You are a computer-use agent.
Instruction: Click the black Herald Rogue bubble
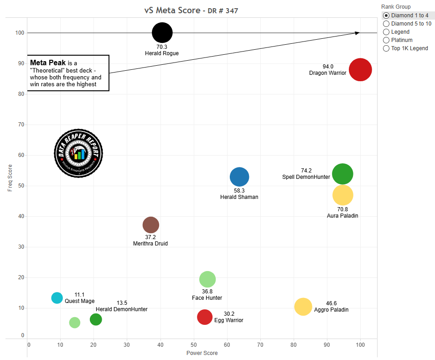162,33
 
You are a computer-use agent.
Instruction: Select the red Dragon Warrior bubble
360,70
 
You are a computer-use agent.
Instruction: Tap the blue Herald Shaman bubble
239,177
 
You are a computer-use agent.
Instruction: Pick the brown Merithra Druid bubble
151,224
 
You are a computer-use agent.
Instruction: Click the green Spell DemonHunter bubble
342,174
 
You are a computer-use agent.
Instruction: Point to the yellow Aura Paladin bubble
343,195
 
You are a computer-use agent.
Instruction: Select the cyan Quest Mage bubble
57,298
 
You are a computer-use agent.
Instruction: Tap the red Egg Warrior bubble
205,317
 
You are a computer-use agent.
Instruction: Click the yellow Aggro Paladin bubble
303,307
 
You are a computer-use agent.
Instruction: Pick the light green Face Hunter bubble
207,279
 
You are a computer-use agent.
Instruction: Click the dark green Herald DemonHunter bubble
96,319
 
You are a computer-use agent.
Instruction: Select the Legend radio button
386,32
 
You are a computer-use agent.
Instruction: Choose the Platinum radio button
386,40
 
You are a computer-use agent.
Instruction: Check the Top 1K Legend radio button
386,48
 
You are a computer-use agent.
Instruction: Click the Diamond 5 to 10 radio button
386,24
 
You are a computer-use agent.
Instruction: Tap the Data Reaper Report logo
78,153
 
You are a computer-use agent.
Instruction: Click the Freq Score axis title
10,177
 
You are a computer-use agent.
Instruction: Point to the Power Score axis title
202,353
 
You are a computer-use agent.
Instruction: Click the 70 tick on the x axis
260,345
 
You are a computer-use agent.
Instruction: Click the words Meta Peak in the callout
47,63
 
